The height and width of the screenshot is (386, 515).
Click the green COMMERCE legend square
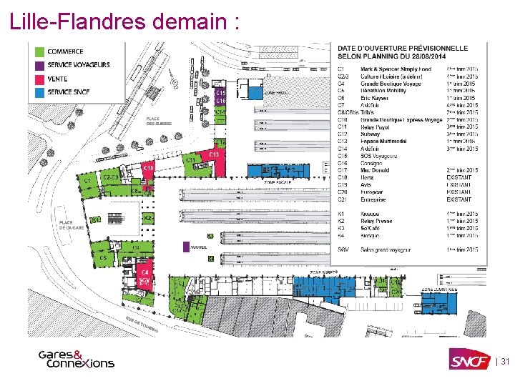39,51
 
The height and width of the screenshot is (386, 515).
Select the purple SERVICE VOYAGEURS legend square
39,65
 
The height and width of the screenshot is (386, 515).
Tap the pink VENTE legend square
39,79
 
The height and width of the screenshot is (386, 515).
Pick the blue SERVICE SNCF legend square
39,92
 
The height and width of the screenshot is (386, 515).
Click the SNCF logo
469,361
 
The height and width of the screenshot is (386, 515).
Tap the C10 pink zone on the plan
149,168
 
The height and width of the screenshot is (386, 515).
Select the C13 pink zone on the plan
212,155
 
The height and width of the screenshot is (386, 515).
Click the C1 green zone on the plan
87,182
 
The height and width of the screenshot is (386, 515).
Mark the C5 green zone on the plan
103,258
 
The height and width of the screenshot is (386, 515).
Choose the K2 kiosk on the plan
147,217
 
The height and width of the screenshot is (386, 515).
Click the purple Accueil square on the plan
186,247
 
